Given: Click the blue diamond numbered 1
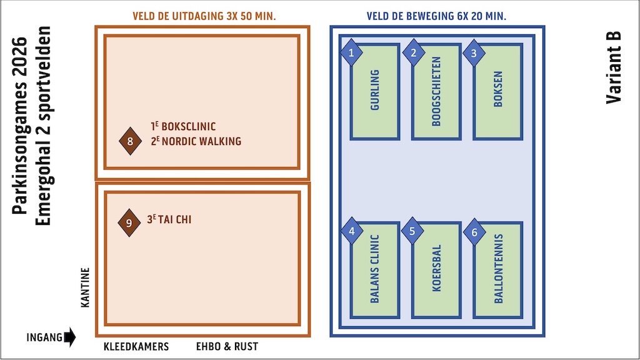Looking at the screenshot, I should pos(351,54).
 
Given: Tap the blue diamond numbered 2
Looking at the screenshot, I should pos(413,54).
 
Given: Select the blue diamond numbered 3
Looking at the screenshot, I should pos(474,54).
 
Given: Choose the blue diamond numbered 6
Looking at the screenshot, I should pos(474,232).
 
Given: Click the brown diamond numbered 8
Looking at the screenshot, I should pos(130,141).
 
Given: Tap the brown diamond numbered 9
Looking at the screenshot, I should pos(129,223).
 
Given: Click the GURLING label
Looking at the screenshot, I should pos(375,90).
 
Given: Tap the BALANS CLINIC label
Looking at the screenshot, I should pos(375,269).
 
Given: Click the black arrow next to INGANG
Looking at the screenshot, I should pos(69,337).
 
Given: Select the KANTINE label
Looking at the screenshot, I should pos(86,287).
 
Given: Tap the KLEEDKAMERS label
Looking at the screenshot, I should pos(136,347).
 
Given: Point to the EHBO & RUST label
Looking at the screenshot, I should pos(227,347).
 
